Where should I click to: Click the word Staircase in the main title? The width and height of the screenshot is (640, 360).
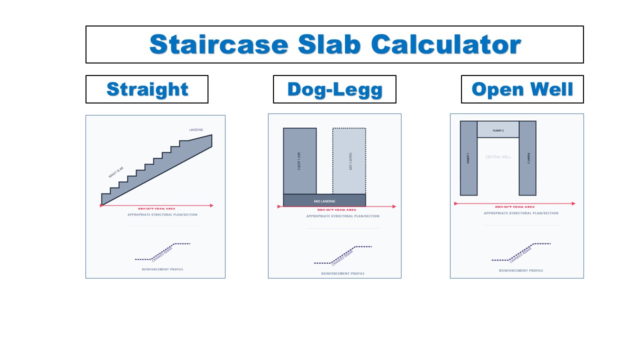pyautogui.click(x=219, y=45)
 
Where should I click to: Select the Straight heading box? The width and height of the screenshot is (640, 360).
pyautogui.click(x=147, y=89)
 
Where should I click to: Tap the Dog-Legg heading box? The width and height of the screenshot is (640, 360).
pyautogui.click(x=334, y=89)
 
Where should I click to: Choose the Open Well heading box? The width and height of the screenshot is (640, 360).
pyautogui.click(x=522, y=89)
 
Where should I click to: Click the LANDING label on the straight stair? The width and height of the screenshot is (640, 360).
pyautogui.click(x=196, y=130)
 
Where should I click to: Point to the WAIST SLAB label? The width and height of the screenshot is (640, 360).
pyautogui.click(x=115, y=172)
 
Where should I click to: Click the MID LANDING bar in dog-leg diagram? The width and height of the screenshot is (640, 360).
pyautogui.click(x=324, y=200)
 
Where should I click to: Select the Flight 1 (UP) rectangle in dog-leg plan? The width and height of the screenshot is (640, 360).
pyautogui.click(x=299, y=160)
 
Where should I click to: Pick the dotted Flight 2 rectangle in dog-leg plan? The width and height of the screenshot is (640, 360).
pyautogui.click(x=349, y=160)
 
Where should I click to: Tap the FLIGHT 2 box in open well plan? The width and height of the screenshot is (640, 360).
pyautogui.click(x=498, y=129)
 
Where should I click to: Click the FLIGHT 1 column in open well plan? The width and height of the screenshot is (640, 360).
pyautogui.click(x=468, y=158)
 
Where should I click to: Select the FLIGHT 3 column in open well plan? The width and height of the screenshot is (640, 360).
pyautogui.click(x=527, y=158)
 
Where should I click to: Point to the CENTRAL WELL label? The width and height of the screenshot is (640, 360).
pyautogui.click(x=498, y=157)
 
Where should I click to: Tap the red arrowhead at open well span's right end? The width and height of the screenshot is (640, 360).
pyautogui.click(x=573, y=203)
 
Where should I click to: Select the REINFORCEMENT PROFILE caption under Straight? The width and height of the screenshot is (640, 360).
pyautogui.click(x=162, y=269)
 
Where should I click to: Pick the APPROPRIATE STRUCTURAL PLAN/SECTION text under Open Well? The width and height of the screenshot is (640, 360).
pyautogui.click(x=521, y=213)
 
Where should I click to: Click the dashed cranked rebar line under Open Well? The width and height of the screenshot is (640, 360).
pyautogui.click(x=521, y=252)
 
